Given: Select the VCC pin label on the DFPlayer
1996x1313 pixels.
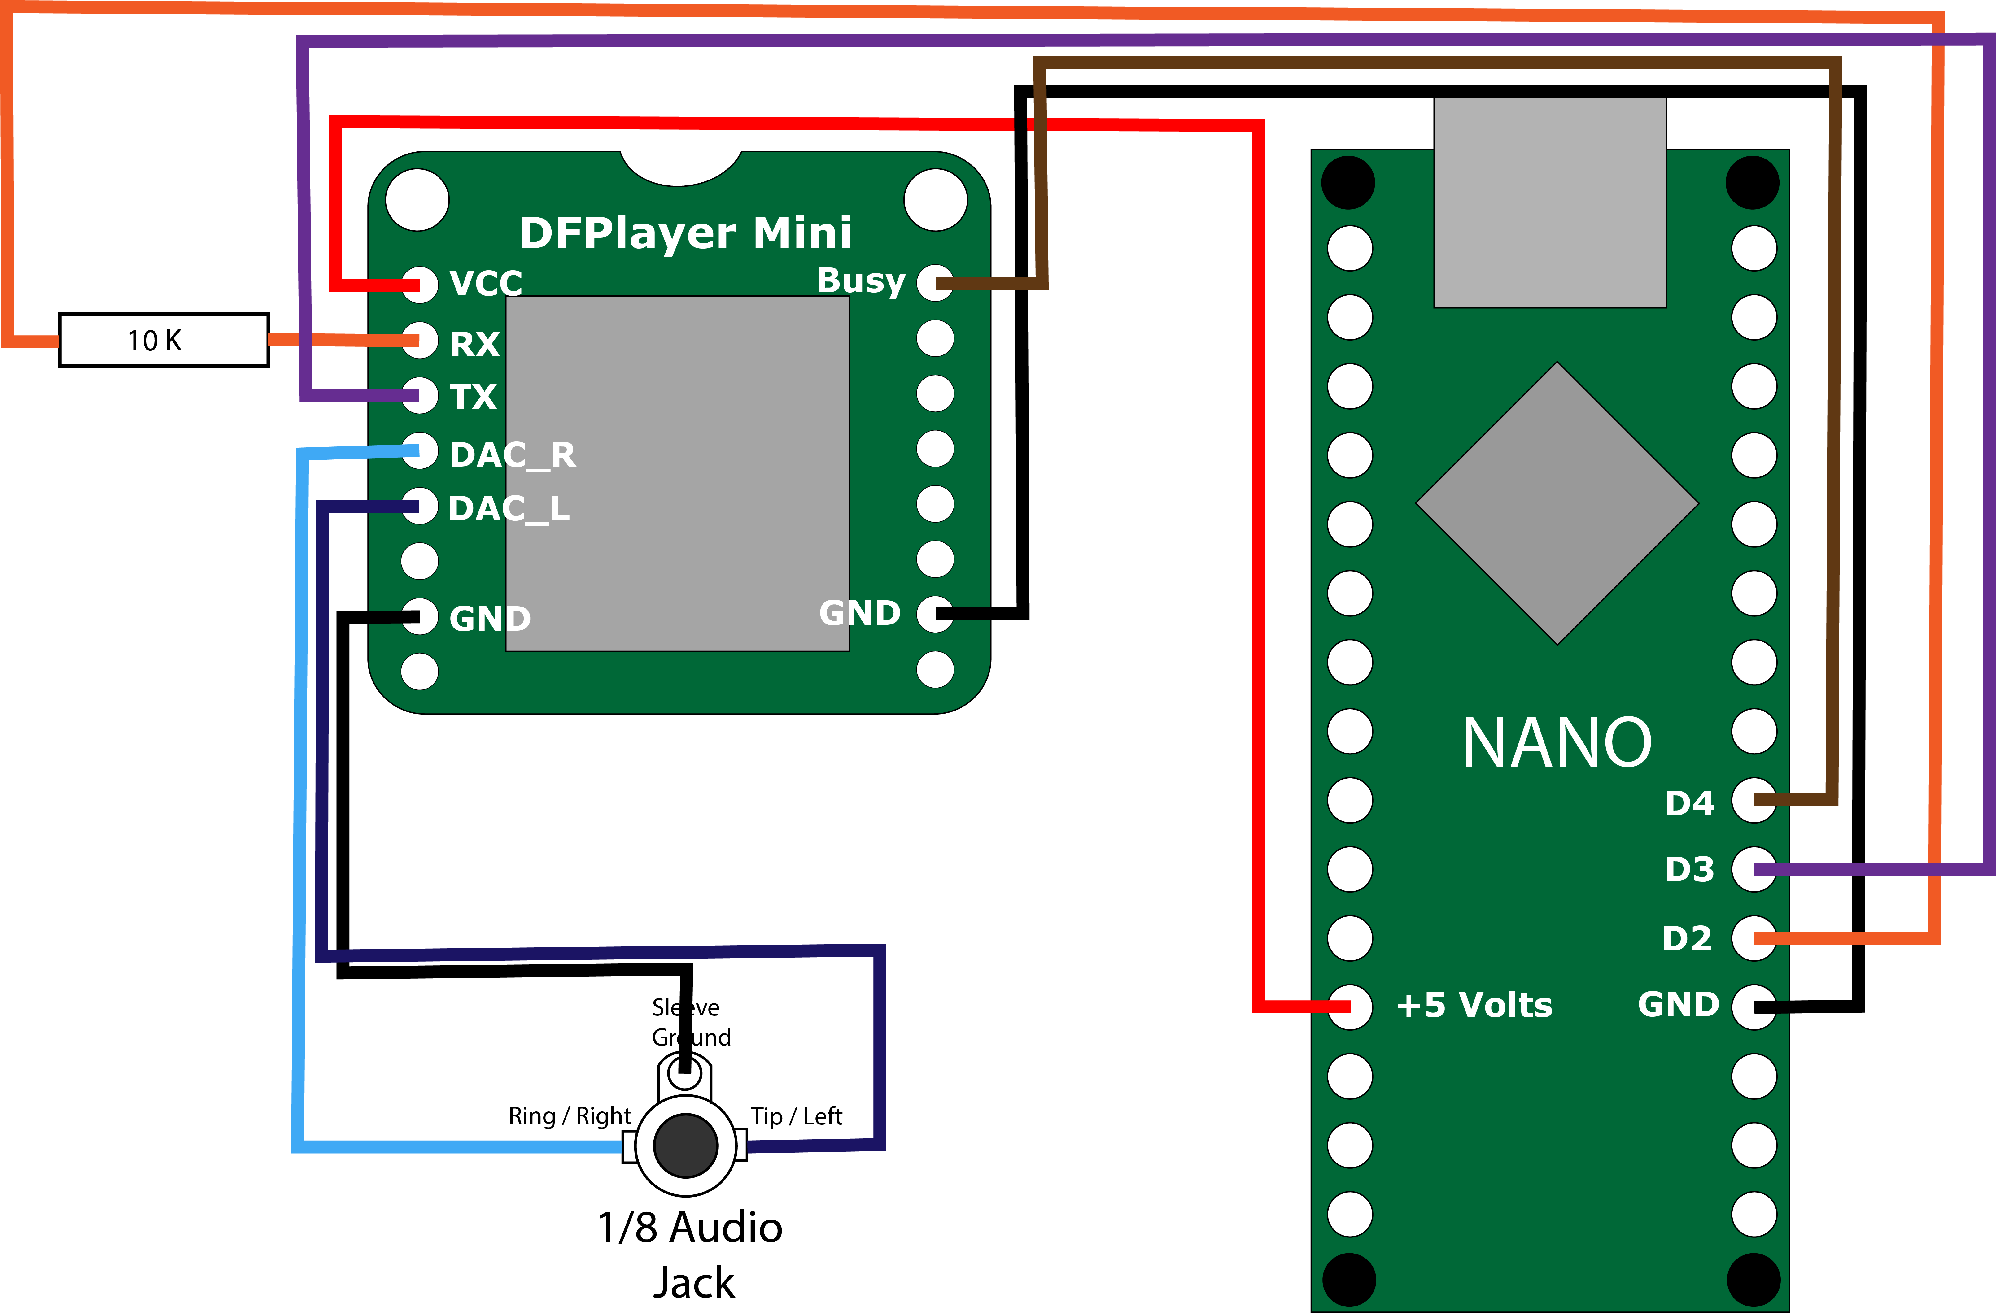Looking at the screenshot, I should click(486, 283).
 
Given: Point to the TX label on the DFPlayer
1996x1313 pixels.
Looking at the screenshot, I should click(473, 397).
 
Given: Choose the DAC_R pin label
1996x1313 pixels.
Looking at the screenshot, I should click(513, 455).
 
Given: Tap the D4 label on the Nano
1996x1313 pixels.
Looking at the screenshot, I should click(1689, 803).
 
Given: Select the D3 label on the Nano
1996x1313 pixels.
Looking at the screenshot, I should click(1689, 869).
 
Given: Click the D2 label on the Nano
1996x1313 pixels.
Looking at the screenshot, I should click(1687, 938).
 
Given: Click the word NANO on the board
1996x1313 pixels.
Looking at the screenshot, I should click(1557, 743).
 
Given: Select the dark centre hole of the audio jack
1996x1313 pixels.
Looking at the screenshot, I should click(685, 1145).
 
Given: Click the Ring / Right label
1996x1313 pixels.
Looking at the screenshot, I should click(570, 1116).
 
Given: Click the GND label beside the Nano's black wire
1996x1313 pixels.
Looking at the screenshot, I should click(1678, 1004).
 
